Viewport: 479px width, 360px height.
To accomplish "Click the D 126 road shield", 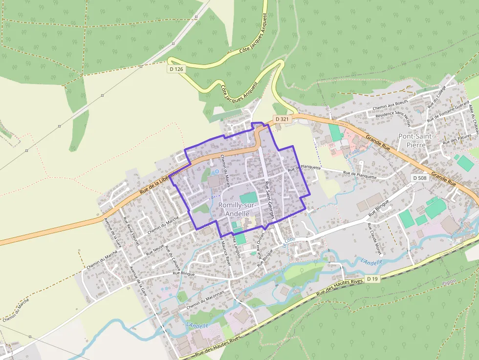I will pyautogui.click(x=176, y=69).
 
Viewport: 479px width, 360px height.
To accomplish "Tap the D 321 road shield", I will pyautogui.click(x=282, y=119).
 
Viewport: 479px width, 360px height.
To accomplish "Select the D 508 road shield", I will pyautogui.click(x=419, y=178).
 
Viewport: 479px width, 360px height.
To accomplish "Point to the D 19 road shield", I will pyautogui.click(x=372, y=278).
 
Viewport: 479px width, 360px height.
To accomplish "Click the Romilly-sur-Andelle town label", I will pyautogui.click(x=235, y=210).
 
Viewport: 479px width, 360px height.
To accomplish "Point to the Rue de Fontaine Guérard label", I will pyautogui.click(x=448, y=113).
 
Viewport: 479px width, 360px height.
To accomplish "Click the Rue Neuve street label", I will pyautogui.click(x=154, y=251).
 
